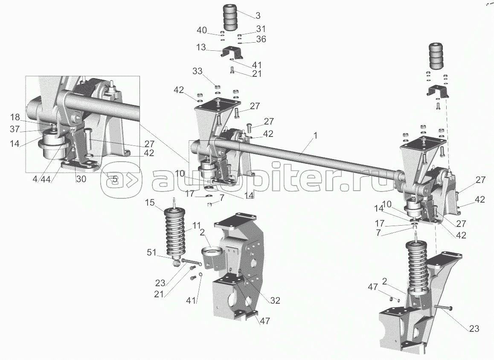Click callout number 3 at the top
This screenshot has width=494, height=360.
[x=258, y=16]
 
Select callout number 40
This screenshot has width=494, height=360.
[x=202, y=30]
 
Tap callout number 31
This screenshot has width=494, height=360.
[x=261, y=29]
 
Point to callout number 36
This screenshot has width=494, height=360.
[x=261, y=39]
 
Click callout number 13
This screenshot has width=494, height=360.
[x=201, y=47]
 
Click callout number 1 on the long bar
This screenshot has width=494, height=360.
[x=315, y=135]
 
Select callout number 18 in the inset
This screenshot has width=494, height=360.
[x=15, y=117]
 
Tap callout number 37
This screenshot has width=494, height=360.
[x=15, y=129]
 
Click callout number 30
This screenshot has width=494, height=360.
[x=81, y=180]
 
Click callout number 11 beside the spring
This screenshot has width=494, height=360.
[x=196, y=225]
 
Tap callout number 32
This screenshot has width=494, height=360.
[x=275, y=300]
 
